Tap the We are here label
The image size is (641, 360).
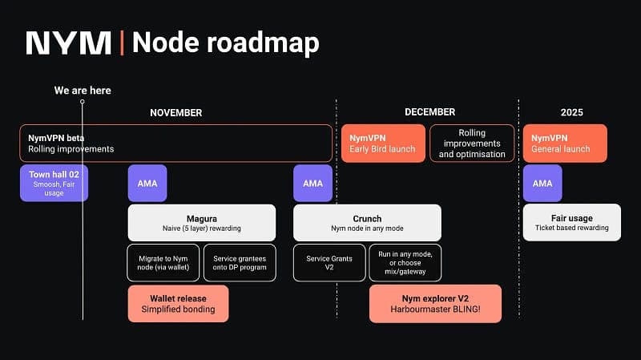point(83,91)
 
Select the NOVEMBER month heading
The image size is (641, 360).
point(175,112)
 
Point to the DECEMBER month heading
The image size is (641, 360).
point(429,112)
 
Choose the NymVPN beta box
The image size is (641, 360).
point(175,144)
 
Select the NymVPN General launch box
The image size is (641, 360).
point(564,144)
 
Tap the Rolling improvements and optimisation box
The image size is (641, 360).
point(472,144)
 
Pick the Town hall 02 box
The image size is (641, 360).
point(54,183)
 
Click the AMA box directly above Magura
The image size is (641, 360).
point(147,183)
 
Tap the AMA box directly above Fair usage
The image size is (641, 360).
point(542,183)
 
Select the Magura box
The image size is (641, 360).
point(201,222)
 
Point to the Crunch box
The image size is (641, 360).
point(367,222)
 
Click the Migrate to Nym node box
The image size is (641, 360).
point(163,262)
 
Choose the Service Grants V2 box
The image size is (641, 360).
point(328,262)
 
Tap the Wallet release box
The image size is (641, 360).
point(178,303)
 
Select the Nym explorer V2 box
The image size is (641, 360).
point(435,303)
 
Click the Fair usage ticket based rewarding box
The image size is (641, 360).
point(571,222)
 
